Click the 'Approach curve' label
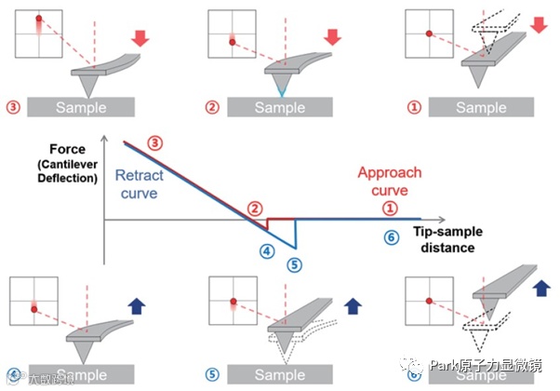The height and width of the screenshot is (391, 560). click(x=390, y=181)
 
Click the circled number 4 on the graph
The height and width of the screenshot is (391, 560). click(x=267, y=249)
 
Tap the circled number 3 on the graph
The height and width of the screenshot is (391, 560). click(x=155, y=143)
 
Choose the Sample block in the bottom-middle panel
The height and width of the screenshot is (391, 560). click(x=280, y=374)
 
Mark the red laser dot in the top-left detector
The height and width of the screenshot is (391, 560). click(x=39, y=18)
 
